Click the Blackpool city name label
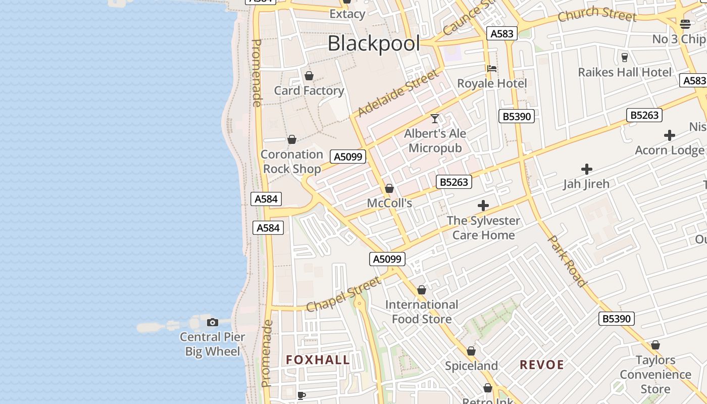tap(374, 43)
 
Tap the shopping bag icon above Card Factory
tap(309, 76)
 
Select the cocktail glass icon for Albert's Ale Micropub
tap(435, 119)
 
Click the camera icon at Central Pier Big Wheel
tap(213, 322)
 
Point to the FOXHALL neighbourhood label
tap(318, 360)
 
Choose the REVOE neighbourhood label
tap(542, 365)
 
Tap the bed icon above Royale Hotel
tap(492, 68)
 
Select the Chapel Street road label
tap(343, 294)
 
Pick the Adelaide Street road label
tap(398, 93)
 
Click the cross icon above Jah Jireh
tap(586, 169)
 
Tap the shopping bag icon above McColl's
tap(389, 188)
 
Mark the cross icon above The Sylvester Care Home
tap(483, 206)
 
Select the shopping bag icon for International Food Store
tap(422, 290)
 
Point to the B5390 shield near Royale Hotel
tap(517, 116)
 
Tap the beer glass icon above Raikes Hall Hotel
tap(625, 57)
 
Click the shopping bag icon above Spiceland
tap(471, 351)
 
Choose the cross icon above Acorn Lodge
tap(670, 135)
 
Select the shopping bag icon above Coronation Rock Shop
tap(292, 139)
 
